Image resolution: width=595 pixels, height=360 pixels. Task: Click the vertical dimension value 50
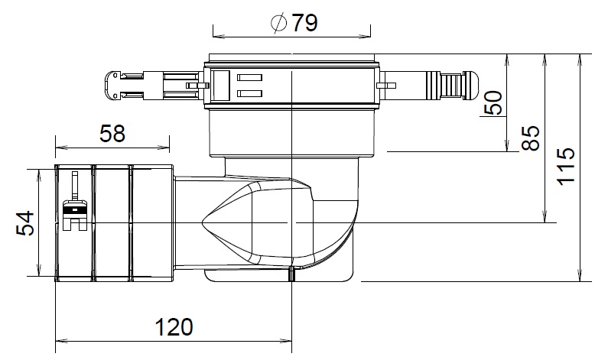pos(493,102)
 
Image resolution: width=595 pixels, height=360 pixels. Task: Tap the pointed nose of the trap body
pos(204,222)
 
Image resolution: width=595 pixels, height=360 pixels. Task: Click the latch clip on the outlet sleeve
pos(74,208)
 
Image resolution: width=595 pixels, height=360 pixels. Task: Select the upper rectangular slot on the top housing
pos(249,77)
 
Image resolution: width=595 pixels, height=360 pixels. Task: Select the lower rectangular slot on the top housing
pos(249,93)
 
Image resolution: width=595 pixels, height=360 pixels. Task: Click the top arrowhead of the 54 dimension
pos(38,170)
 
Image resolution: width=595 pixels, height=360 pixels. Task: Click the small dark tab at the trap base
pos(291,275)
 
